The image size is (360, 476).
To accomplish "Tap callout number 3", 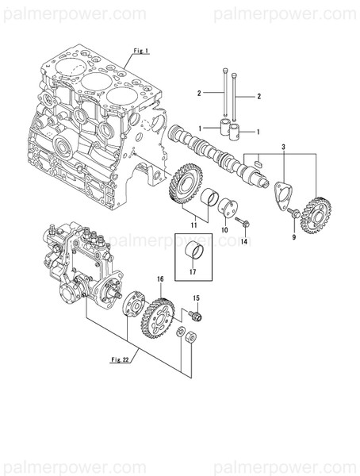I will pos(283,148).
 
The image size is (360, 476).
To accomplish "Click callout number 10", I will pos(224,228).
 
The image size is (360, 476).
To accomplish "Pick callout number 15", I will pos(197,297).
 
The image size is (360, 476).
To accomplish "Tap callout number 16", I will pos(159,279).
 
